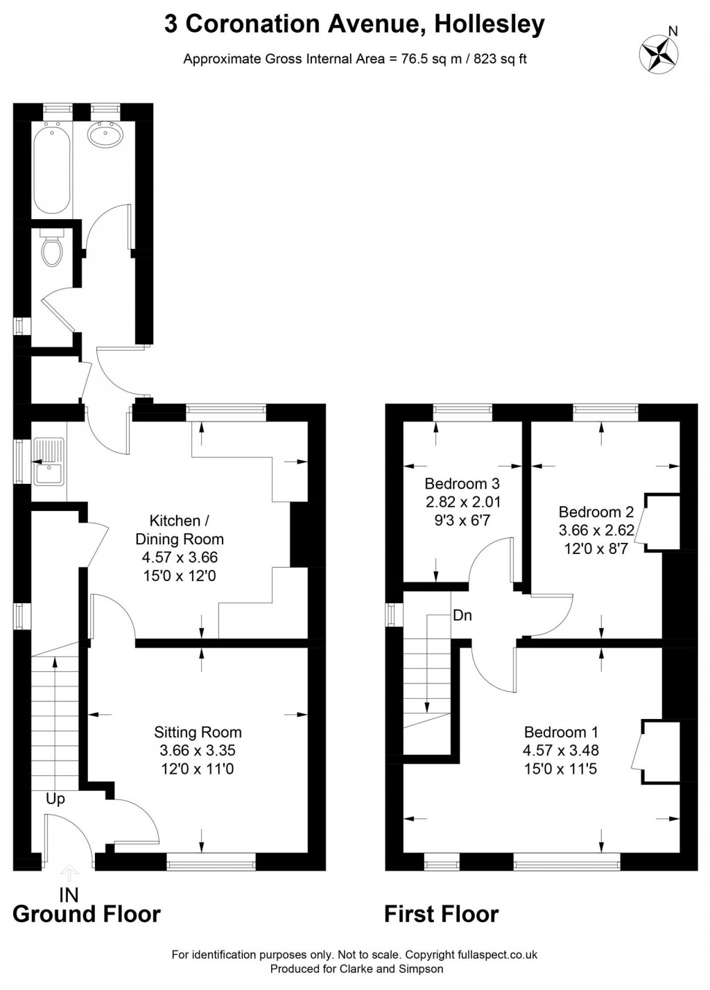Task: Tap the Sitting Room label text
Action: (198, 732)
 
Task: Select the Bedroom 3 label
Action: (462, 483)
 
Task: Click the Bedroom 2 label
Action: (596, 512)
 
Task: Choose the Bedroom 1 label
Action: (561, 732)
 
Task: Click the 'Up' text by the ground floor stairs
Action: (55, 799)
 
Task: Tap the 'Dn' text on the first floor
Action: (462, 615)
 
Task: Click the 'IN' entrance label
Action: (69, 894)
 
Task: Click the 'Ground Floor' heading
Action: (87, 914)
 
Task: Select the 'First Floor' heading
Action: (441, 914)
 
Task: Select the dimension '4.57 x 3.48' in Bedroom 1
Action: (561, 750)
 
